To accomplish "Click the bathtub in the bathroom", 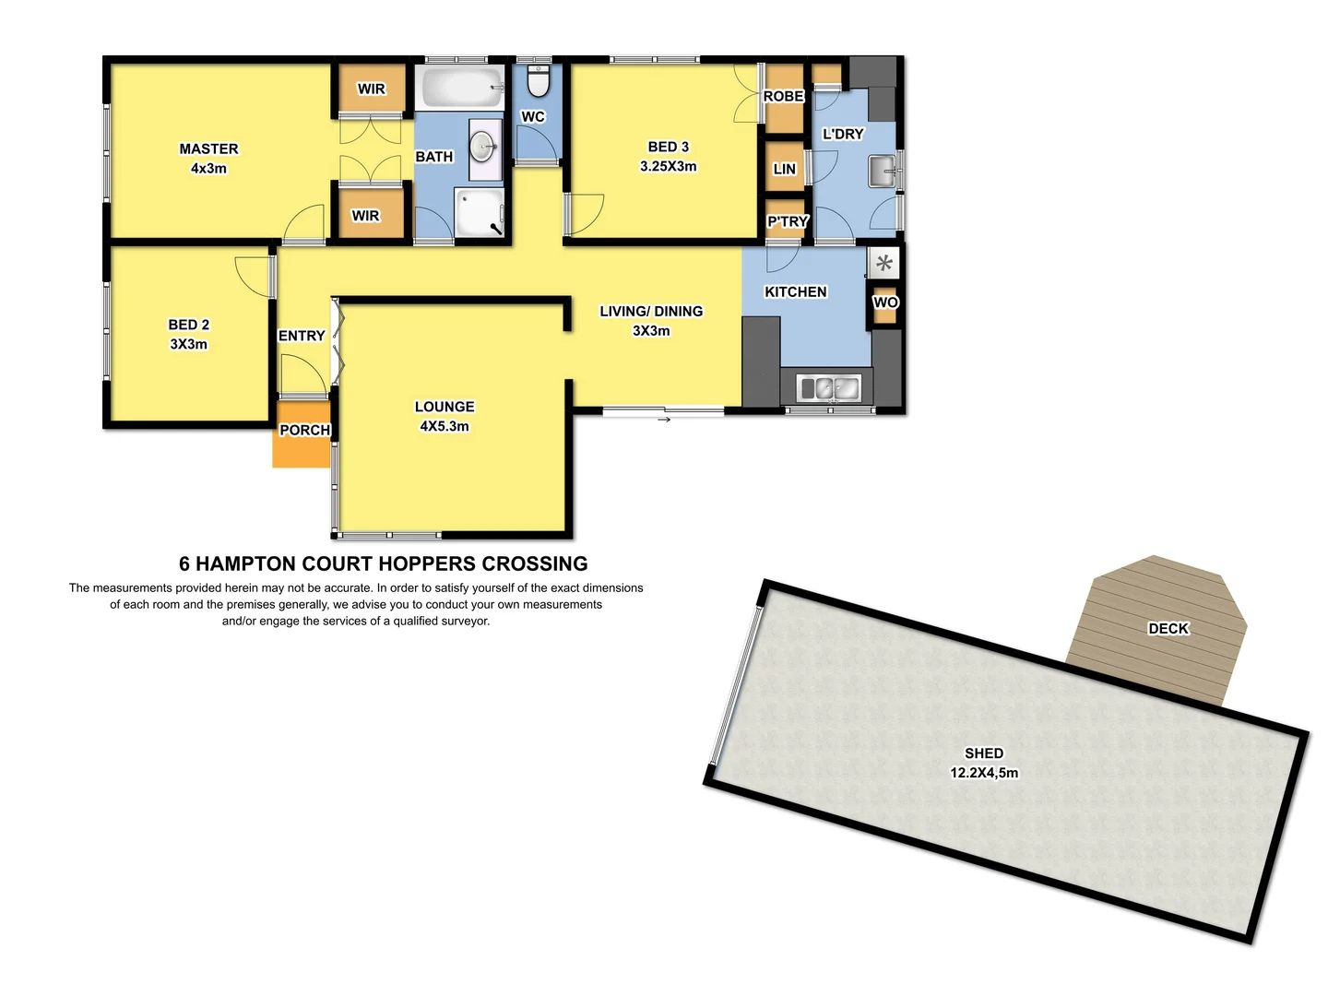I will click(461, 89).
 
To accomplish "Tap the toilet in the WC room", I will click(539, 81).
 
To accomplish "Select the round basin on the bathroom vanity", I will click(482, 147).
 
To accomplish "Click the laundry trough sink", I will click(882, 171).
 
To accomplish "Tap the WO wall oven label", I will click(885, 302).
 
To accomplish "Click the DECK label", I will click(1168, 628).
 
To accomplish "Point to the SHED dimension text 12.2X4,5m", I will click(984, 773).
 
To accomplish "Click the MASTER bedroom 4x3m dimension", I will click(208, 169).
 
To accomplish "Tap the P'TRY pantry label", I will click(788, 221).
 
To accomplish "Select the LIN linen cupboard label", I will click(784, 169).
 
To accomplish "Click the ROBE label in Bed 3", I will click(783, 96).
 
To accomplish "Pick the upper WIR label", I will click(371, 89).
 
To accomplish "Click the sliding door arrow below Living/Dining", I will click(664, 420).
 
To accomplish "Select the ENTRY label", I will click(302, 336).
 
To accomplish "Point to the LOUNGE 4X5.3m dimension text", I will click(445, 426).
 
